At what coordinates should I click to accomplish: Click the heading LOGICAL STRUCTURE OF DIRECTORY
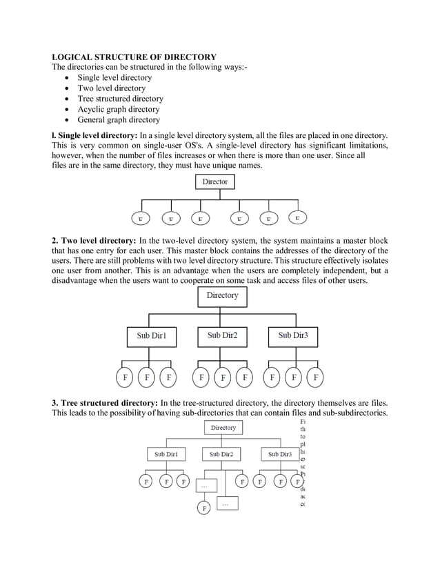point(134,57)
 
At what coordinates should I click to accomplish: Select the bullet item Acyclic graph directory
point(118,109)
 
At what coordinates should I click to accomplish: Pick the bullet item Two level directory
point(111,88)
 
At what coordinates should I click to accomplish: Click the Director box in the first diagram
point(215,181)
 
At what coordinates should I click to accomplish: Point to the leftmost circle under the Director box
point(141,219)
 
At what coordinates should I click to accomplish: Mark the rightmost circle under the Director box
point(297,218)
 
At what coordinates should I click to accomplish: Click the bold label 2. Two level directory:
point(94,240)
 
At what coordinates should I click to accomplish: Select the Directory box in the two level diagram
point(222,296)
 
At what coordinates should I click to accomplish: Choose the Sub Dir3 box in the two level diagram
point(293,335)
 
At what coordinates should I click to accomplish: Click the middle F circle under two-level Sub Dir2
point(223,377)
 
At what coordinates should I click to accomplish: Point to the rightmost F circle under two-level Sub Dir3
point(316,377)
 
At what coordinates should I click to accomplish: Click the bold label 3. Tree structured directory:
point(105,402)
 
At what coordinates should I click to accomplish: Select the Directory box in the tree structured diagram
point(223,428)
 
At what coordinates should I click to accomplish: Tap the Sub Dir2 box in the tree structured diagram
point(221,454)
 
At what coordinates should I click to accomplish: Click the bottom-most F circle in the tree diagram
point(204,509)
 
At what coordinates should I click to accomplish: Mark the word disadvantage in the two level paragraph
point(81,281)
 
